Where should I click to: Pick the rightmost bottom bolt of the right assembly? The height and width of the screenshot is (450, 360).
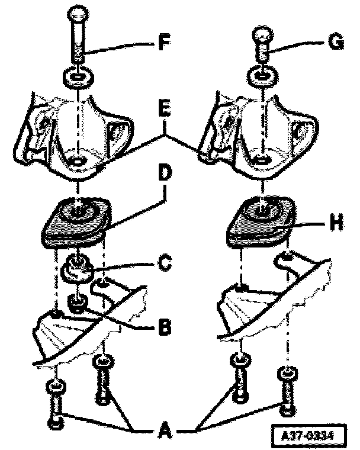coord(287,391)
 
